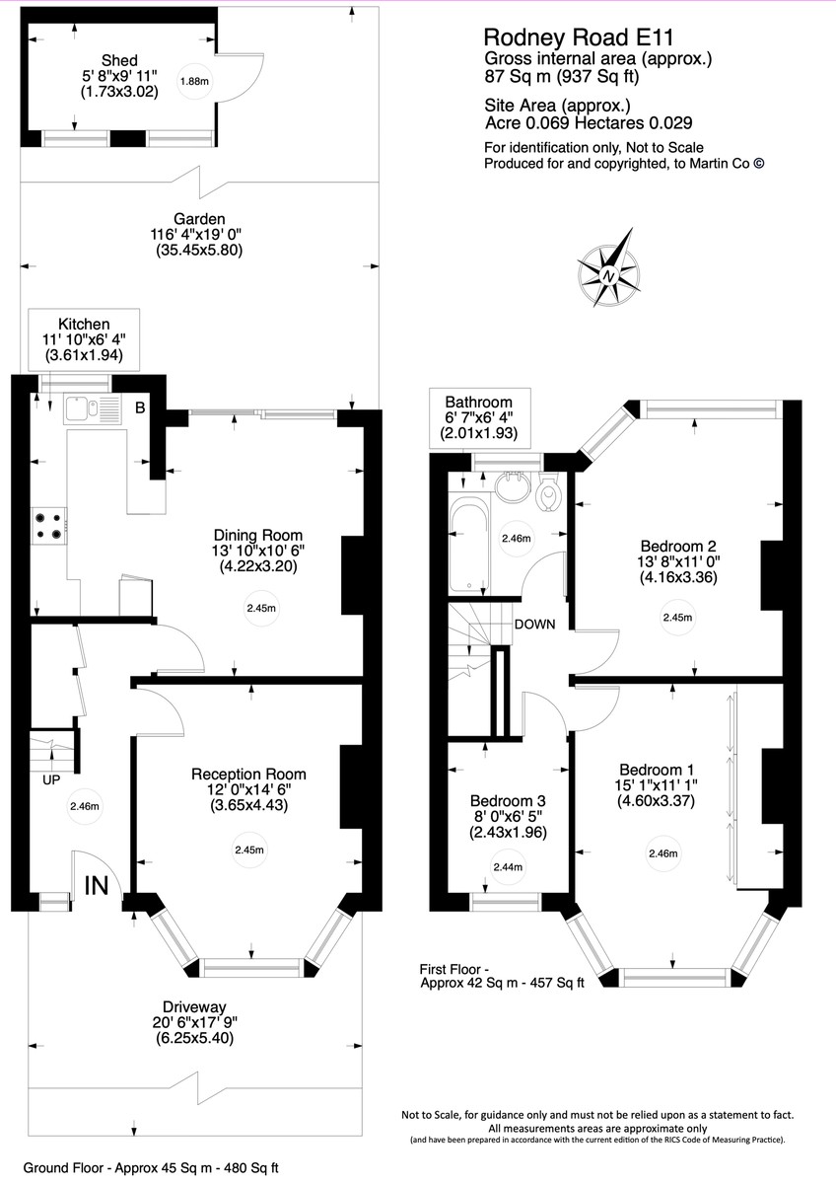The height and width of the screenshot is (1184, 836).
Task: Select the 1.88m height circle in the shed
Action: (x=195, y=83)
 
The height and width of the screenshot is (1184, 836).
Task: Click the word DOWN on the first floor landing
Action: (x=534, y=625)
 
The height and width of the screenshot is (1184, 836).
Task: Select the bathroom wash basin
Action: (x=513, y=486)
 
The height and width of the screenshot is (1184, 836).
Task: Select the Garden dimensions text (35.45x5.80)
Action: (x=199, y=251)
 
